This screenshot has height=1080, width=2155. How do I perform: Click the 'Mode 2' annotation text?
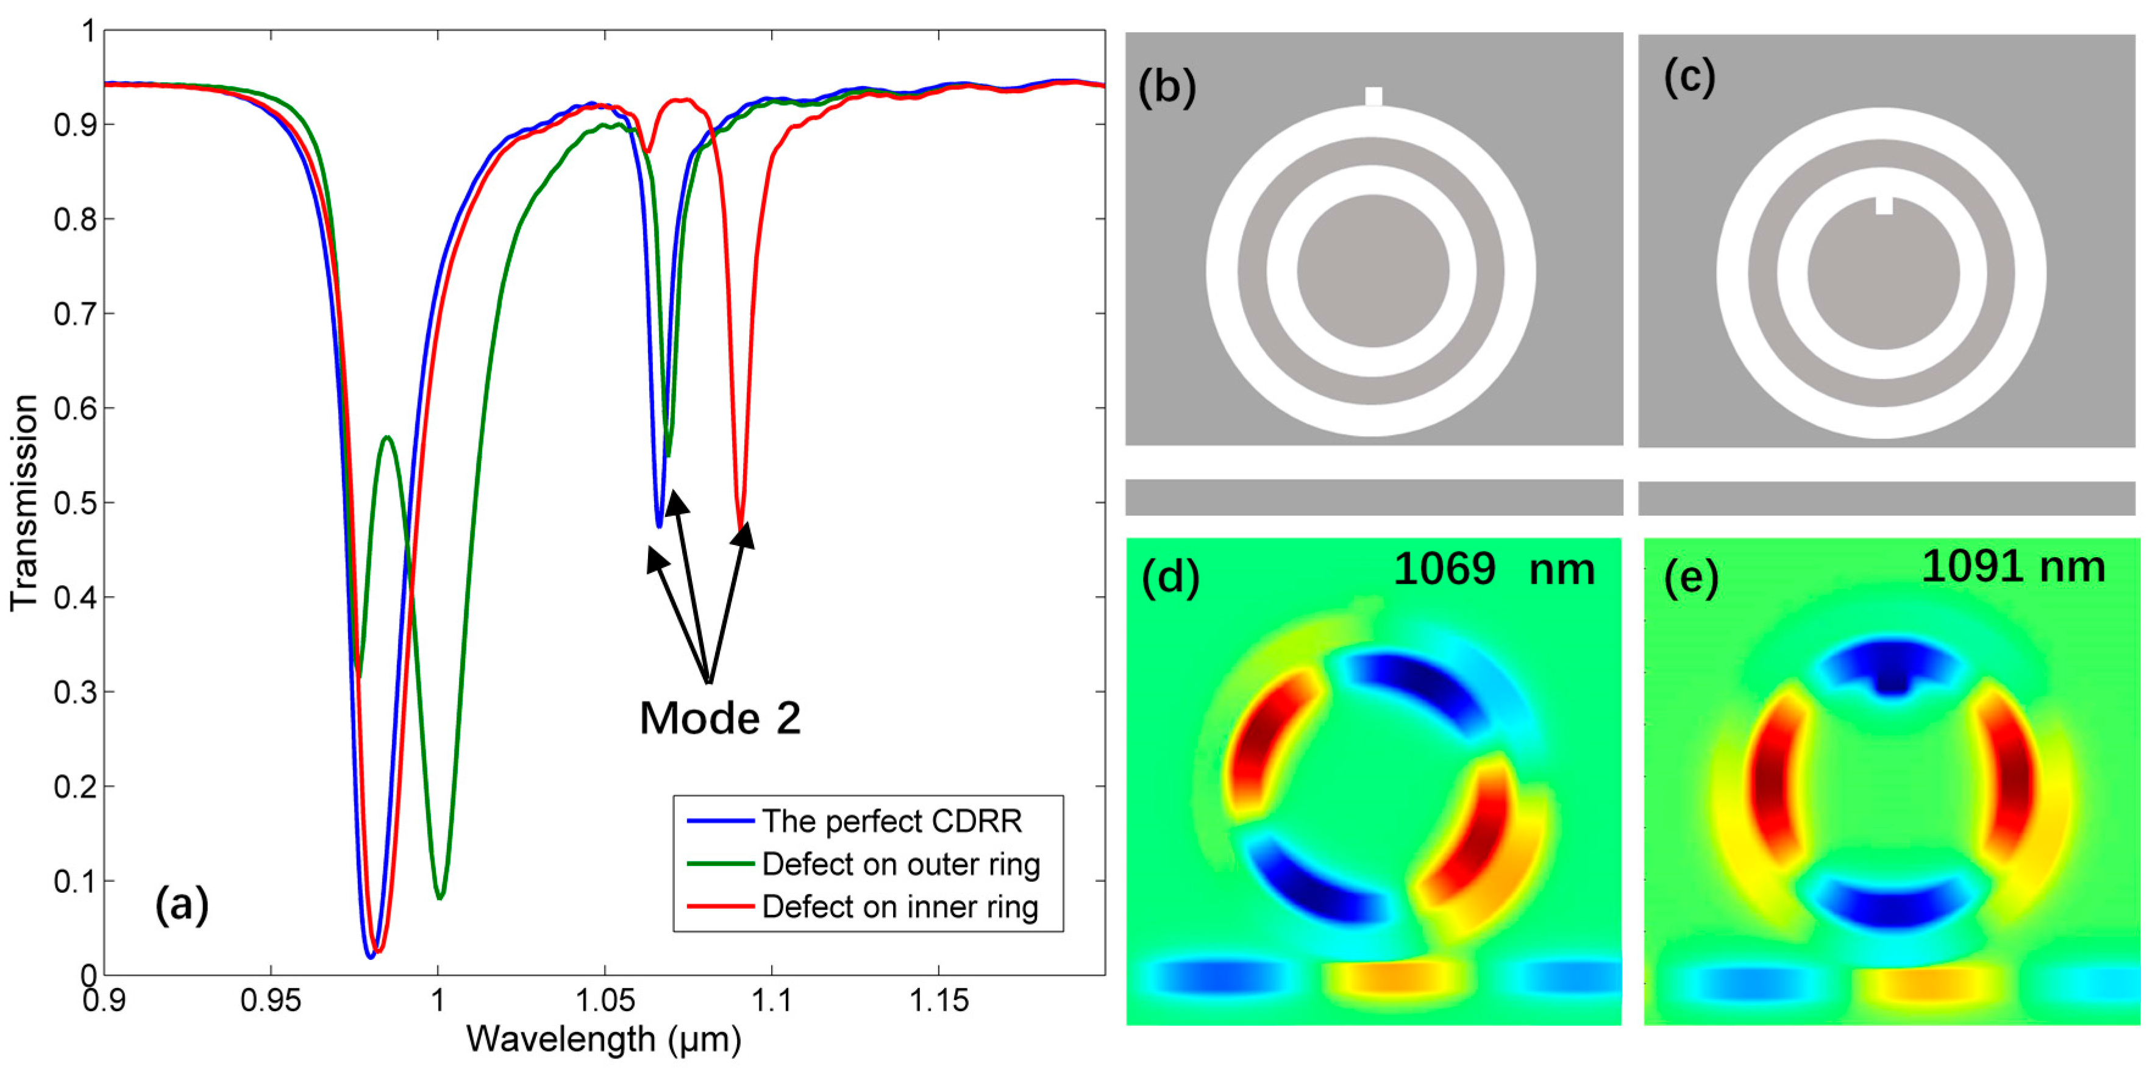pos(719,718)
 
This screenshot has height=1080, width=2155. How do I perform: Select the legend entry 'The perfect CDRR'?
pos(891,821)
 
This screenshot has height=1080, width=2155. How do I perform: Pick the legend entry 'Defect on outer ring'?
pos(900,864)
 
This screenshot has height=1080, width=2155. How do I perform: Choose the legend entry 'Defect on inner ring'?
pos(899,907)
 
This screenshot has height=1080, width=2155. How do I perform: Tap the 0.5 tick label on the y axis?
pos(76,503)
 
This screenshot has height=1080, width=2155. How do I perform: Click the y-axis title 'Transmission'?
pos(25,502)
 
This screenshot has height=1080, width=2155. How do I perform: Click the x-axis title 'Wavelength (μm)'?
pos(604,1040)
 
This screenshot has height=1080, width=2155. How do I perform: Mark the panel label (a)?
pos(182,905)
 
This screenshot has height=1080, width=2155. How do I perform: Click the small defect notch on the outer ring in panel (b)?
pos(1373,96)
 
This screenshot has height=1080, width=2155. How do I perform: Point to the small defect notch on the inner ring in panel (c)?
pos(1883,205)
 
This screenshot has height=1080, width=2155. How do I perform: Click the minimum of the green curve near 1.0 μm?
pos(440,897)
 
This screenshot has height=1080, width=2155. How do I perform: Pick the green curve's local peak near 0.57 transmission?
pos(387,438)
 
